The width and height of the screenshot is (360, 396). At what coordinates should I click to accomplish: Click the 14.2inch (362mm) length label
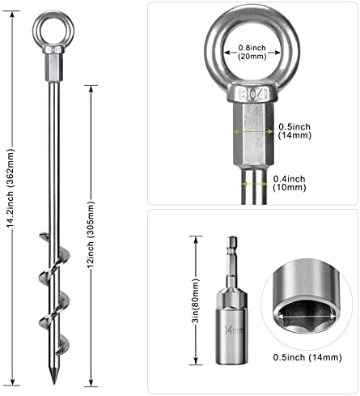click(10, 188)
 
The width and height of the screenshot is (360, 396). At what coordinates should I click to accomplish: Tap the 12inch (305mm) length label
click(91, 234)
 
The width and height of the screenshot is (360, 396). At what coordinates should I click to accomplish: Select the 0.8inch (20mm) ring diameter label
click(252, 52)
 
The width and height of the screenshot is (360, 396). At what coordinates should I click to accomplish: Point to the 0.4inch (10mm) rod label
click(290, 183)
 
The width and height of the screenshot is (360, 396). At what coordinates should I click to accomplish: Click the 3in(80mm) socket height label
click(196, 300)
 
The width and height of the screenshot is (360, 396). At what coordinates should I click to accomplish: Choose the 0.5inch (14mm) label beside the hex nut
click(294, 130)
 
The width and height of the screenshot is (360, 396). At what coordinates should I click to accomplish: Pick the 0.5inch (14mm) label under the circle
click(307, 357)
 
